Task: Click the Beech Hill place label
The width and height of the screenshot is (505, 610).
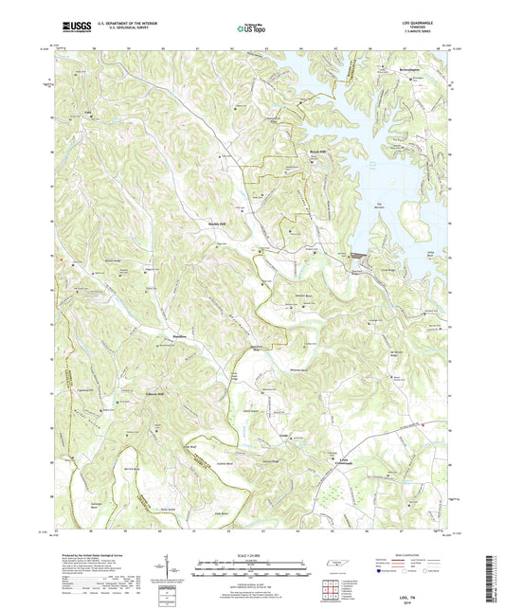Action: tap(319, 151)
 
